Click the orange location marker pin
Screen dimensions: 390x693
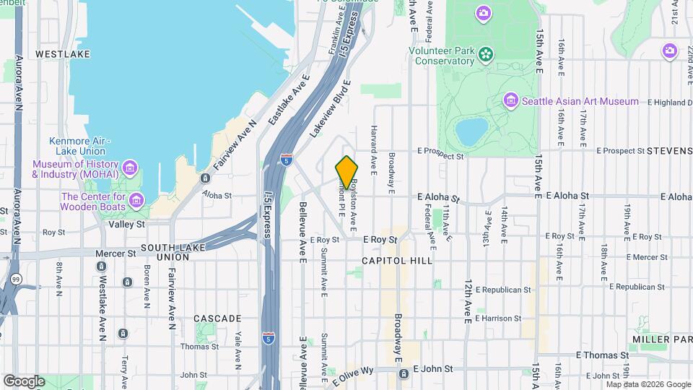[347, 172]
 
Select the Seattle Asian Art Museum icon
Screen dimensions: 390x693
[512, 100]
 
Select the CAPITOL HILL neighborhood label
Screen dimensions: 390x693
[397, 260]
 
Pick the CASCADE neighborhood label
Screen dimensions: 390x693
[217, 318]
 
